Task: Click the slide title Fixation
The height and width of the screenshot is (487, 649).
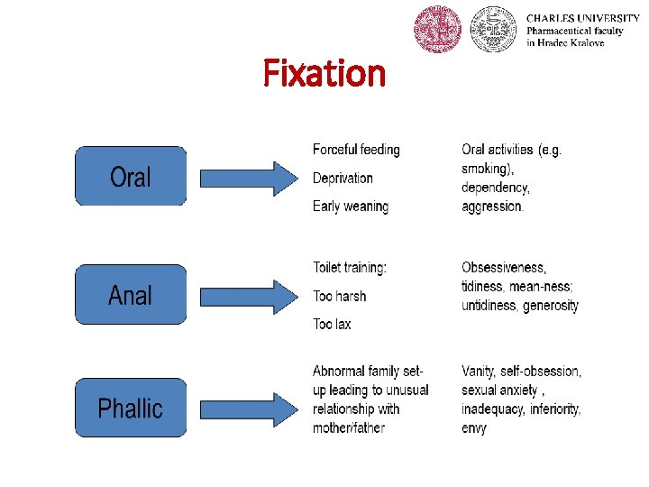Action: pyautogui.click(x=324, y=73)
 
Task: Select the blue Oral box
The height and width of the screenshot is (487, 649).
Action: pyautogui.click(x=131, y=177)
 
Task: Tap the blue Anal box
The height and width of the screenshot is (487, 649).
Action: pyautogui.click(x=131, y=294)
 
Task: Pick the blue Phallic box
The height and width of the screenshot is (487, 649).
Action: pyautogui.click(x=131, y=408)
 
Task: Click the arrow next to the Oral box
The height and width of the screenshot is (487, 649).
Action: pyautogui.click(x=247, y=177)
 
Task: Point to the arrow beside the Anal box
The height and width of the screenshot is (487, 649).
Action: pyautogui.click(x=247, y=294)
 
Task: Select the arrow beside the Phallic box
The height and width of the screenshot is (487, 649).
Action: pyautogui.click(x=247, y=408)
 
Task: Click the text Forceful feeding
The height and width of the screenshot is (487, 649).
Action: pyautogui.click(x=356, y=150)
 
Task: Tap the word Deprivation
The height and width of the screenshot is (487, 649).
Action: pyautogui.click(x=343, y=178)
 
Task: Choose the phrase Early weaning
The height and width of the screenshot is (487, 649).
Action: pyautogui.click(x=351, y=207)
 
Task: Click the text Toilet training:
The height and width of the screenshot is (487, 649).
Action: pyautogui.click(x=350, y=268)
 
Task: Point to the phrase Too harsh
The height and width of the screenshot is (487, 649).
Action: pyautogui.click(x=339, y=296)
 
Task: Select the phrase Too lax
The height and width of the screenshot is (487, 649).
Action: pyautogui.click(x=332, y=324)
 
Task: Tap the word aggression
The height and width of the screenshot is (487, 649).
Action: pyautogui.click(x=491, y=207)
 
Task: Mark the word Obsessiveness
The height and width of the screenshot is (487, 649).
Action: pyautogui.click(x=503, y=268)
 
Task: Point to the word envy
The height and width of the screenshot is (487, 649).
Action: pyautogui.click(x=474, y=428)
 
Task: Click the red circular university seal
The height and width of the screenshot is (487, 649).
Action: pyautogui.click(x=437, y=30)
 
